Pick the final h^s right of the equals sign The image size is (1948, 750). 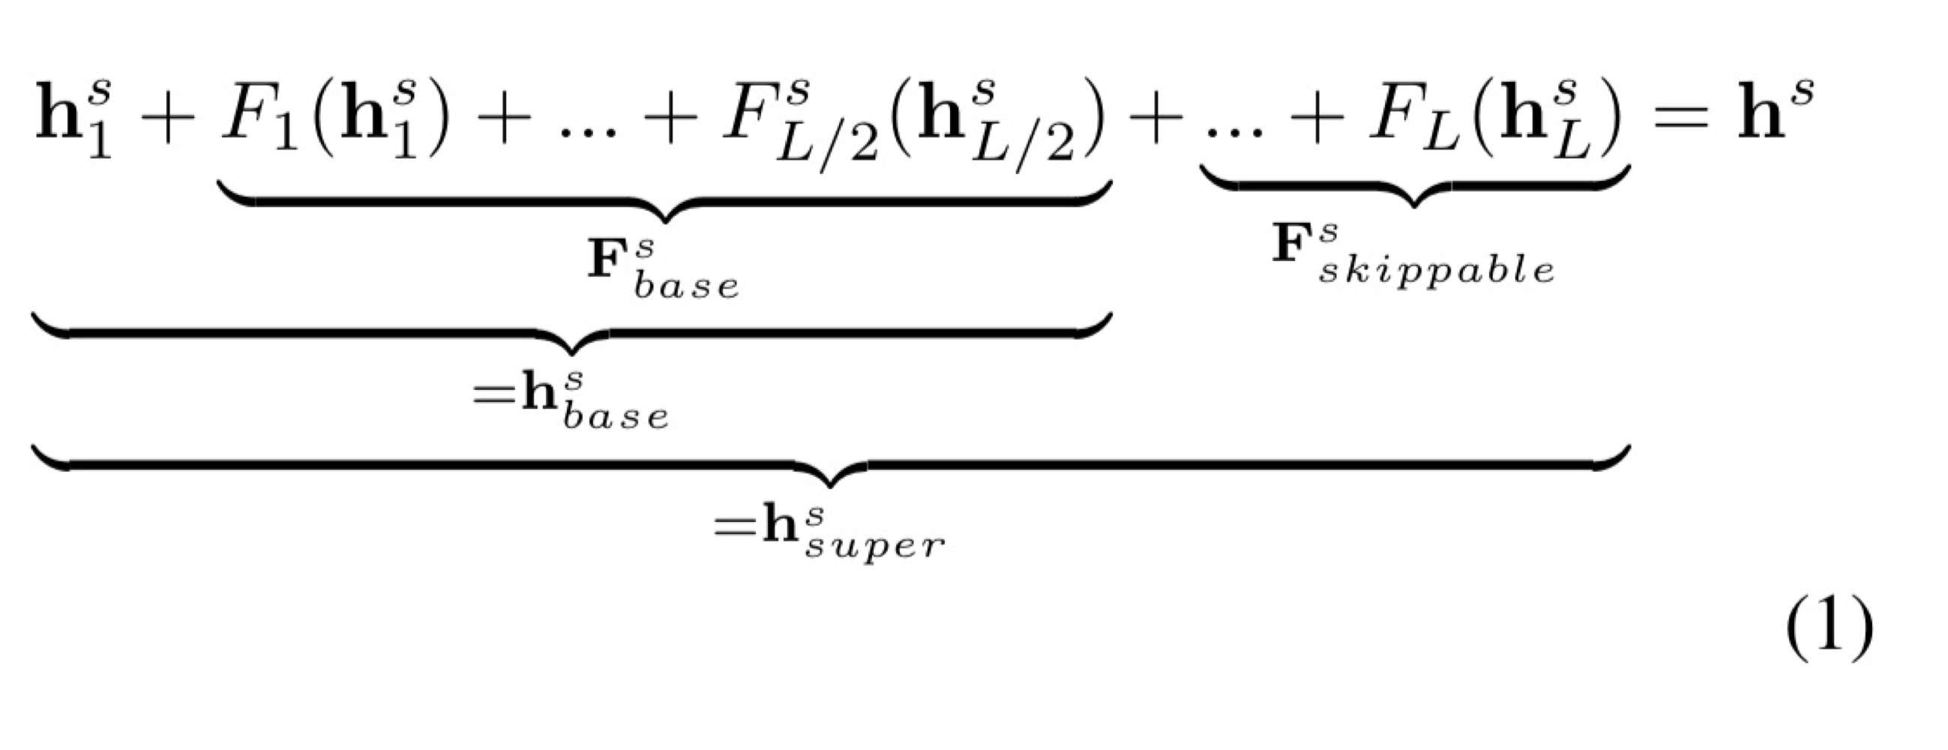[x=1774, y=113]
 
